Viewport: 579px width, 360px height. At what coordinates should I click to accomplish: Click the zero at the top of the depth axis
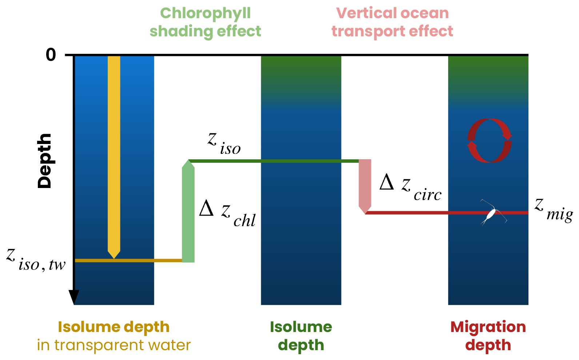coord(51,55)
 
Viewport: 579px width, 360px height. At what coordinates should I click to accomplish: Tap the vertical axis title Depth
coord(45,161)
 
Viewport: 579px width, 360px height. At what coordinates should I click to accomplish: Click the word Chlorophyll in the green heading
coord(205,13)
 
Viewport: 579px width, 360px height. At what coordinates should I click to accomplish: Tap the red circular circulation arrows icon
coord(490,140)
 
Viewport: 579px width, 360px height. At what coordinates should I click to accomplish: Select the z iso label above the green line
coord(224,143)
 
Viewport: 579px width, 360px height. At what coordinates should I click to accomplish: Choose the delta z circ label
coord(410,187)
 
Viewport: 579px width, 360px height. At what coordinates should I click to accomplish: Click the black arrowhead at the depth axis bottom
coord(74,297)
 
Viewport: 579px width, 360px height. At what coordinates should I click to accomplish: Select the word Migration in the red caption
coord(488,327)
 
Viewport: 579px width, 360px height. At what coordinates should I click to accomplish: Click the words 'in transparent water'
coord(114,345)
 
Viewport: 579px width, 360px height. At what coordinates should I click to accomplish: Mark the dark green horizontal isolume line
coord(273,161)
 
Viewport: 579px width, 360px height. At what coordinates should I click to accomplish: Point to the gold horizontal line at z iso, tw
coord(145,260)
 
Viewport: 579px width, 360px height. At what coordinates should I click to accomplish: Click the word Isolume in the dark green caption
coord(301,327)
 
